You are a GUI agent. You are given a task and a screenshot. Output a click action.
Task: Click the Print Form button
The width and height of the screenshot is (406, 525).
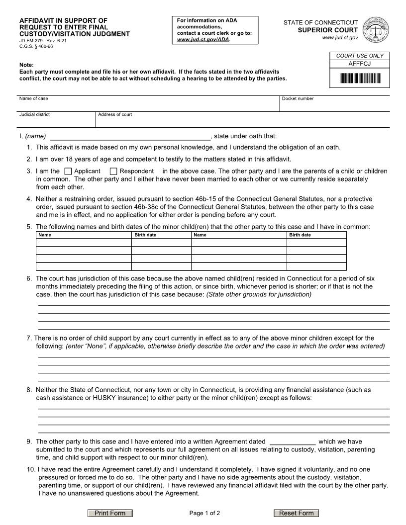point(110,513)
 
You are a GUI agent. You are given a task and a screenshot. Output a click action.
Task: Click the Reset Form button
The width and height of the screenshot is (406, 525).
point(296,513)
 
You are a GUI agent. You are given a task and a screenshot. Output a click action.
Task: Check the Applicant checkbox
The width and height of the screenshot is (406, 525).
point(68,172)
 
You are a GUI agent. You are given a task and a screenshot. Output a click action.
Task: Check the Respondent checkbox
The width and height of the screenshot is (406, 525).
point(113,172)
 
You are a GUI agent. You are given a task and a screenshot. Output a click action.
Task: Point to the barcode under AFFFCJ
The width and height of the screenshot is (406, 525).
point(360,79)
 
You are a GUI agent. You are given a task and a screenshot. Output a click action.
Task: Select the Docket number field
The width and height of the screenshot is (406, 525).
point(334,106)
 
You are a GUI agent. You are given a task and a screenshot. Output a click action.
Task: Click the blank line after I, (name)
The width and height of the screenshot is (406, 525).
point(130,137)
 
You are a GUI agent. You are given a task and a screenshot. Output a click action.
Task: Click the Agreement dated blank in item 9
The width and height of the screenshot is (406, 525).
point(292,441)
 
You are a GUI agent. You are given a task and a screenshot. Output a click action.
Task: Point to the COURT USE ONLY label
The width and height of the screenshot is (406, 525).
point(360,56)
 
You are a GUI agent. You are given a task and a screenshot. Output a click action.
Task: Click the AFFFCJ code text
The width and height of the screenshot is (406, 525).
point(360,64)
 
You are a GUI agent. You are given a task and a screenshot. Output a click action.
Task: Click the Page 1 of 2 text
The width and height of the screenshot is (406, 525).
point(204,513)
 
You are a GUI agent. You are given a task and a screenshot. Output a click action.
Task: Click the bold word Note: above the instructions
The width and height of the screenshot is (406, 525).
point(26,65)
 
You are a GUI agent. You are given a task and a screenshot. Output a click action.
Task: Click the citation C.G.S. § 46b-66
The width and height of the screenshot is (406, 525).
point(36,46)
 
